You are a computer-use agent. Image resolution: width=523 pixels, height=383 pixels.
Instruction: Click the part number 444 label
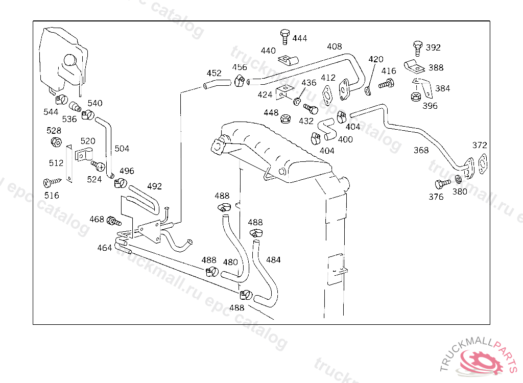pyautogui.click(x=300, y=38)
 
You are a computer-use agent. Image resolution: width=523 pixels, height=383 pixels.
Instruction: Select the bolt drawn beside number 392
pyautogui.click(x=417, y=47)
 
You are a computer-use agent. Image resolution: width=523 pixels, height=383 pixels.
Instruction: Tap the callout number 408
pyautogui.click(x=335, y=46)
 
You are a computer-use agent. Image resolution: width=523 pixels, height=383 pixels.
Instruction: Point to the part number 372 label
pyautogui.click(x=480, y=145)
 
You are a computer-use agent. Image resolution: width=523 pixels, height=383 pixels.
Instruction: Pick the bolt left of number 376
pyautogui.click(x=442, y=184)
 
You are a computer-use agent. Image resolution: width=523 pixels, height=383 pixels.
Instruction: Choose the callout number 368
pyautogui.click(x=421, y=150)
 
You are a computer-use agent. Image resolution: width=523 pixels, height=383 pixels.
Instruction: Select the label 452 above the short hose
pyautogui.click(x=214, y=73)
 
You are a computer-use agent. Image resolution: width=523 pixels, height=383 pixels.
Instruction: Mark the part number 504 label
pyautogui.click(x=122, y=149)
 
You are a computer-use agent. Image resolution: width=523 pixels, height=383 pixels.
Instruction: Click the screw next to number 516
pyautogui.click(x=52, y=182)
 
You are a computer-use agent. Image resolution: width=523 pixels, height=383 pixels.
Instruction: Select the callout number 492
pyautogui.click(x=154, y=186)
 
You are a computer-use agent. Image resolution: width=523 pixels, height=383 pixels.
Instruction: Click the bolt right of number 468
pyautogui.click(x=113, y=221)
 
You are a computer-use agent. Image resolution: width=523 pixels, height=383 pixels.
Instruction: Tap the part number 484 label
pyautogui.click(x=273, y=260)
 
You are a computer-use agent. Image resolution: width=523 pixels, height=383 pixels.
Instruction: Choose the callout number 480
pyautogui.click(x=230, y=262)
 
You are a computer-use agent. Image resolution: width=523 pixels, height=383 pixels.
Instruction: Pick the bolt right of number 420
pyautogui.click(x=387, y=83)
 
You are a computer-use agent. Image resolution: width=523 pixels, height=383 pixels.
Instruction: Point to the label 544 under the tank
pyautogui.click(x=51, y=111)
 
